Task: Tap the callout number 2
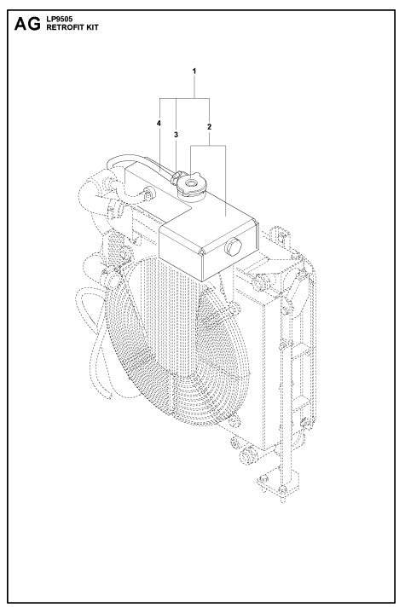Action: click(209, 126)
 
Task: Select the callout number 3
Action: click(176, 135)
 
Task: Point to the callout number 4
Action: click(159, 124)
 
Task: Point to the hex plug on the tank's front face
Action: click(231, 248)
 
